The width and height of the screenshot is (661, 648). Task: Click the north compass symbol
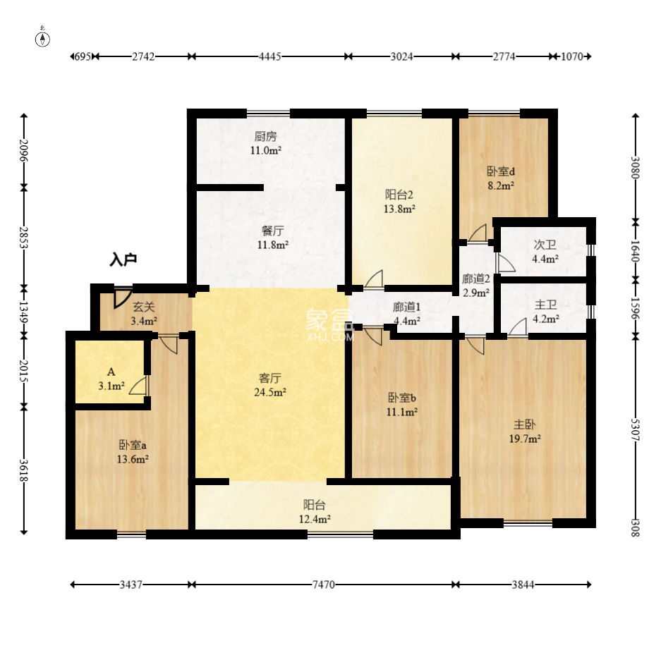click(x=42, y=38)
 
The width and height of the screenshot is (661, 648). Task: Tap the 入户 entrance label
click(x=123, y=259)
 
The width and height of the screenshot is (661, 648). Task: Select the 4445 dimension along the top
click(x=269, y=56)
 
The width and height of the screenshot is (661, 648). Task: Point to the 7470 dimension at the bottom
click(x=323, y=585)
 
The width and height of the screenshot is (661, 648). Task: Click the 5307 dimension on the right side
click(x=636, y=429)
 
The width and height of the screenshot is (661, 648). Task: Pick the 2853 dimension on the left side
click(x=24, y=238)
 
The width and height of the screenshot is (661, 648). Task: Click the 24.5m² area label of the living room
click(x=270, y=392)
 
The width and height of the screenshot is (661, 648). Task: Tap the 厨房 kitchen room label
click(x=265, y=137)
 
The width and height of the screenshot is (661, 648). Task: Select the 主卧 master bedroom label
click(x=525, y=424)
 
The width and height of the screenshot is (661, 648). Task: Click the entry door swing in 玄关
click(x=122, y=298)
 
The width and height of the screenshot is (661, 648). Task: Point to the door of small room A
click(x=138, y=386)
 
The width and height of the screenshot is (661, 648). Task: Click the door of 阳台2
click(x=374, y=279)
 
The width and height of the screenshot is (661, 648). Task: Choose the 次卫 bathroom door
click(x=506, y=263)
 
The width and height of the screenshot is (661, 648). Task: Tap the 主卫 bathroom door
click(x=518, y=327)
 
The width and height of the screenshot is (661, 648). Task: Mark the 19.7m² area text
click(x=525, y=439)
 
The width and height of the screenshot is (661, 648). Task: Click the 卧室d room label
click(x=501, y=171)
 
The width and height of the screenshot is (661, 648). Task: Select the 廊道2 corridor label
click(x=476, y=279)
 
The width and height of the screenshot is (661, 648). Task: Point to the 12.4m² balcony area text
click(x=315, y=519)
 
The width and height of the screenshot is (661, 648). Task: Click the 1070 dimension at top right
click(x=571, y=56)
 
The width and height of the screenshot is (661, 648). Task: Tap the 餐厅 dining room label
click(x=273, y=231)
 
